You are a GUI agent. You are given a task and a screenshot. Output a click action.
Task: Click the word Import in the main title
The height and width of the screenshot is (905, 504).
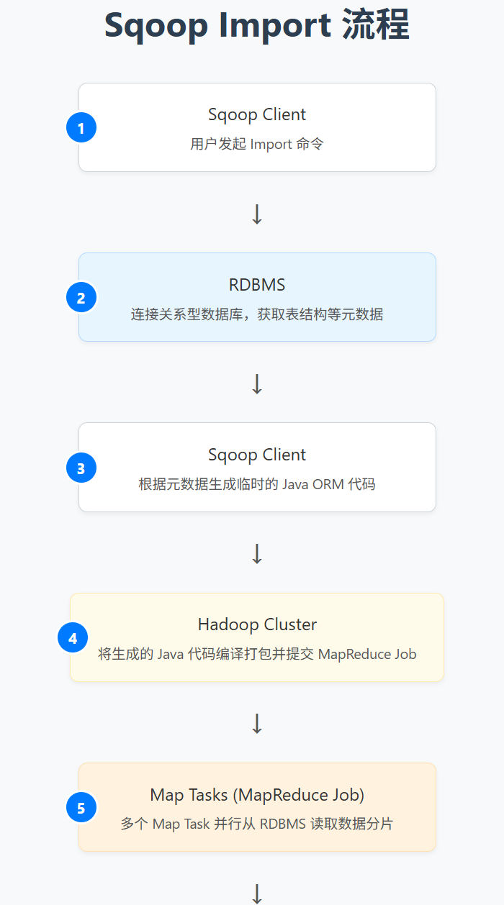(x=275, y=26)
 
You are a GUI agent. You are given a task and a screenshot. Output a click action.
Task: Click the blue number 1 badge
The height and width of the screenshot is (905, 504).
(x=81, y=128)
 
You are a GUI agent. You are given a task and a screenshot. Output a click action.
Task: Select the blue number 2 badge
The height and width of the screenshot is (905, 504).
(x=81, y=298)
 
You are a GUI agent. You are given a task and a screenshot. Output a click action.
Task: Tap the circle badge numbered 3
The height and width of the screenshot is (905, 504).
(x=81, y=468)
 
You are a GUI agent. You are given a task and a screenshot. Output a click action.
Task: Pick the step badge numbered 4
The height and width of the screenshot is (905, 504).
(x=73, y=638)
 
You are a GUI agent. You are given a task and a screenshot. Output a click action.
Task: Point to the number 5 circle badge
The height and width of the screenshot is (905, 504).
(x=81, y=808)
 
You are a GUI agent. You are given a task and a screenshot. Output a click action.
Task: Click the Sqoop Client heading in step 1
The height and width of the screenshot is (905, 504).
(x=257, y=114)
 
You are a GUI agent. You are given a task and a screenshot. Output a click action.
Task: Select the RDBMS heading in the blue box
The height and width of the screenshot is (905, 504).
(x=257, y=285)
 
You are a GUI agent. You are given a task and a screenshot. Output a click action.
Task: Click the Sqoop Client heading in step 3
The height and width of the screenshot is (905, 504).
(x=257, y=455)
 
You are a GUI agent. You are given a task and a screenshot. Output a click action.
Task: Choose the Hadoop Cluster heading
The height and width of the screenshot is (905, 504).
(x=257, y=624)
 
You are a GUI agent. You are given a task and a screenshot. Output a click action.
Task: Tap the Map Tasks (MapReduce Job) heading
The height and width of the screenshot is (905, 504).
(x=257, y=795)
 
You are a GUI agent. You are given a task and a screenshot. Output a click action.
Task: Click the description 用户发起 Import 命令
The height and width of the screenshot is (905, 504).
(x=257, y=144)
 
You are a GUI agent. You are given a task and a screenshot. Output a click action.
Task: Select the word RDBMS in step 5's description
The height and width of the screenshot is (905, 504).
(x=283, y=824)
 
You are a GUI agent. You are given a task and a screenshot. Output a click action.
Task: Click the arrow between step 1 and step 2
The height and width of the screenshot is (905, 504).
(x=257, y=214)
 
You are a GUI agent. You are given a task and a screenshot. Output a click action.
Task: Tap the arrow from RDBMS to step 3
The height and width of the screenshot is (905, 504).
(x=257, y=383)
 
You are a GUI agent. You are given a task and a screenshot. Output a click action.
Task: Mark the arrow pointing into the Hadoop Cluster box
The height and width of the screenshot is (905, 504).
(x=257, y=553)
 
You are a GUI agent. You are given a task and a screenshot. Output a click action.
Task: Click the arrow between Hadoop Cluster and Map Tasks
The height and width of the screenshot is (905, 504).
(x=257, y=723)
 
